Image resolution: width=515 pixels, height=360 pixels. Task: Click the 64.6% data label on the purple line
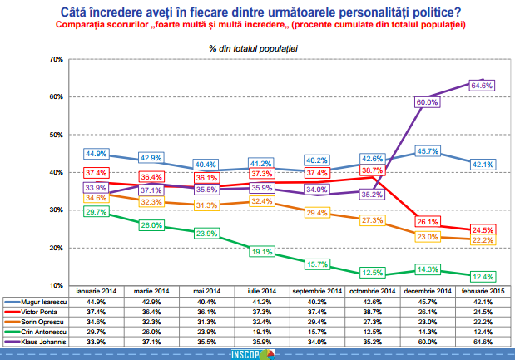click(x=483, y=85)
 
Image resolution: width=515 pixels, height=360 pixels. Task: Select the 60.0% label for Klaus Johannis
click(x=426, y=101)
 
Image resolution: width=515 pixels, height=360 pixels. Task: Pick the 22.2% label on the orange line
click(x=483, y=239)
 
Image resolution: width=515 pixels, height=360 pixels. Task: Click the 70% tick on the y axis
click(x=56, y=60)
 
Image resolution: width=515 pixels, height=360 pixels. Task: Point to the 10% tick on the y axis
click(x=56, y=285)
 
